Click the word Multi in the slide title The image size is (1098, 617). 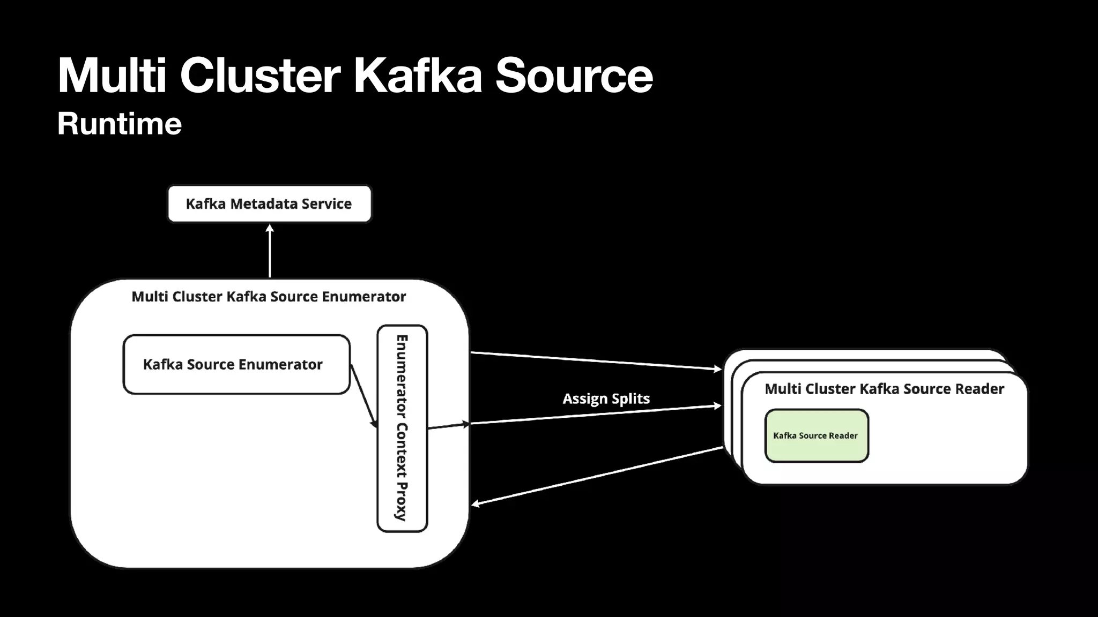(x=112, y=76)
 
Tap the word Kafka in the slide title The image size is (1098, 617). (x=418, y=76)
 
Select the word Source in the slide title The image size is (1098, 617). (x=574, y=76)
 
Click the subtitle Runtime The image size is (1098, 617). (x=120, y=124)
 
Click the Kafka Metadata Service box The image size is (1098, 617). (x=269, y=204)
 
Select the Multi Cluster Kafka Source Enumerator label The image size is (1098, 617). (x=269, y=297)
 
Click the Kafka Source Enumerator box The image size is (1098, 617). (x=236, y=365)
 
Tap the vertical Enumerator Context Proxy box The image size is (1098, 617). (x=402, y=428)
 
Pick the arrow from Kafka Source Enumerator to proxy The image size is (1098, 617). (x=364, y=396)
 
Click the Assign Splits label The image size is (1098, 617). (x=606, y=399)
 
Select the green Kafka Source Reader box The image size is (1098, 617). (x=816, y=436)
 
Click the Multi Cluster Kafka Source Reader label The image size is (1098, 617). (x=884, y=389)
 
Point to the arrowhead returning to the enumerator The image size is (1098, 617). (x=475, y=503)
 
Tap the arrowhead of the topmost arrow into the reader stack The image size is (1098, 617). (x=718, y=368)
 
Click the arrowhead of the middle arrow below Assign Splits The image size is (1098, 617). (x=718, y=406)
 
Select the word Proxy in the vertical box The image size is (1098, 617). (x=401, y=501)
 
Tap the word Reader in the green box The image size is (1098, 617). (x=843, y=436)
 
